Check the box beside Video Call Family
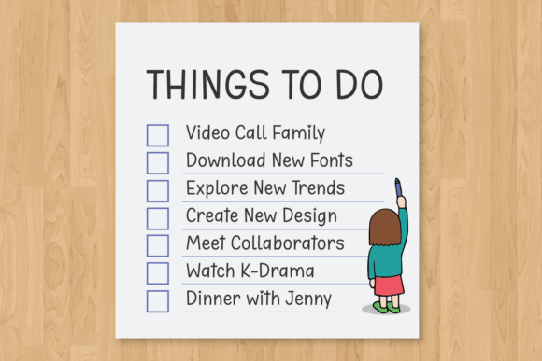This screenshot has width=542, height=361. (158, 135)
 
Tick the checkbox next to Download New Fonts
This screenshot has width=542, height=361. (158, 162)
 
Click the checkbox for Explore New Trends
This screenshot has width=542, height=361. (158, 190)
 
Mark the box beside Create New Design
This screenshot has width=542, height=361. (158, 218)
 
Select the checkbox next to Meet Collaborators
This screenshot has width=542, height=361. (158, 245)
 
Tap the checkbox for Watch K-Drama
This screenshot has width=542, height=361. (158, 273)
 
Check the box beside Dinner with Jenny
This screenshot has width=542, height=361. (158, 300)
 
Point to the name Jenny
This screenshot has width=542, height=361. (308, 299)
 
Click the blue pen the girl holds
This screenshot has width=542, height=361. (398, 187)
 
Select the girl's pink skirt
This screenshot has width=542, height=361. (388, 285)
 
